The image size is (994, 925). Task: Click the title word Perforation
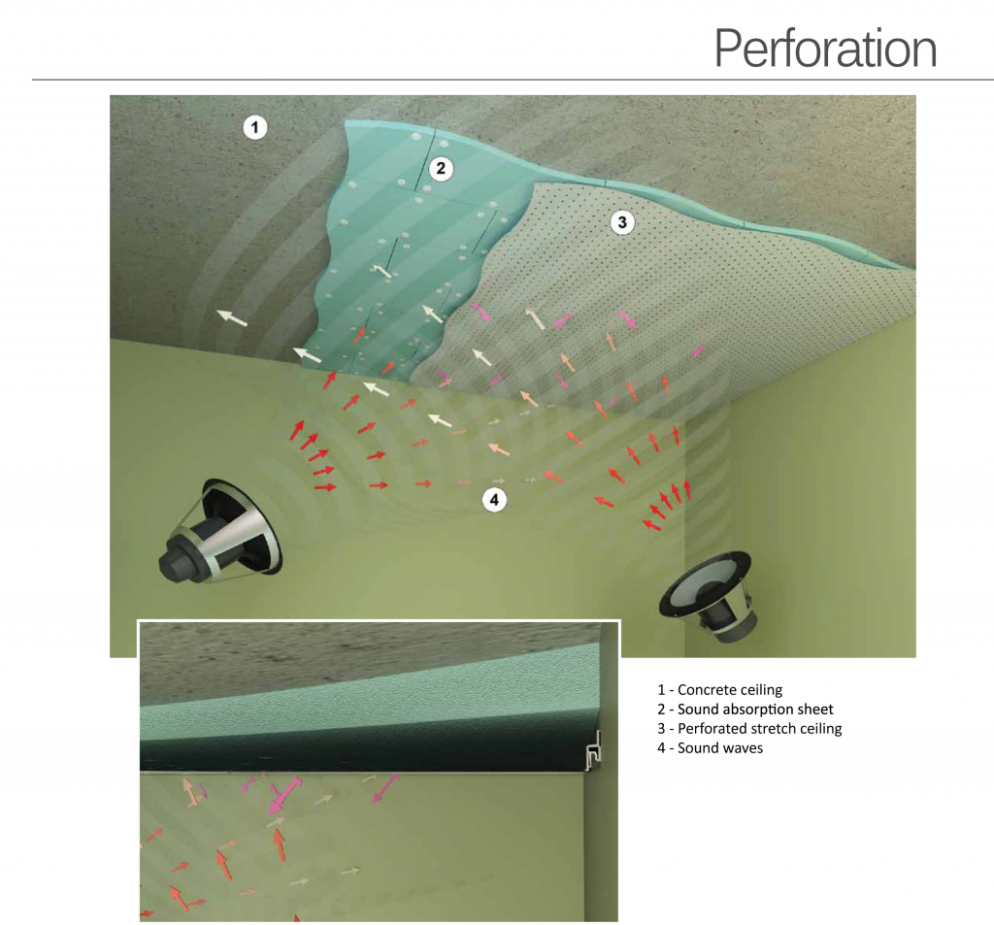pos(825,49)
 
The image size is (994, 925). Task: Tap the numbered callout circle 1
pos(255,127)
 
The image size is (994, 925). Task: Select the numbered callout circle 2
pos(441,169)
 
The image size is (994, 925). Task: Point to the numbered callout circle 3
pos(622,222)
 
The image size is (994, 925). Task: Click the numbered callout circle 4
pos(494,500)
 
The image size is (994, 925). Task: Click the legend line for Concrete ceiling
pos(719,690)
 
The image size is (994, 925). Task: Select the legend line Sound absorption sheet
pos(745,710)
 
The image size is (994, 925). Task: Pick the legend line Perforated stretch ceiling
pos(749,729)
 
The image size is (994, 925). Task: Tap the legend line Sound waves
pos(710,748)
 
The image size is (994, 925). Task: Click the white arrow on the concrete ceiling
pos(232,317)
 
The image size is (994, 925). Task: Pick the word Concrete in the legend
pos(703,690)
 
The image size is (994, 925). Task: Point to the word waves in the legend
pos(743,748)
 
